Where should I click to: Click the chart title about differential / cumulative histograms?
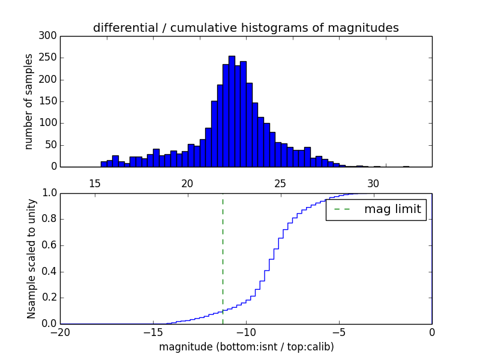click(245, 28)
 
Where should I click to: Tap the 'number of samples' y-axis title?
click(29, 101)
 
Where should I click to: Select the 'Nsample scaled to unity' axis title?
click(31, 259)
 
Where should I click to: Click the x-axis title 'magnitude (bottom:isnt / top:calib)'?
click(246, 347)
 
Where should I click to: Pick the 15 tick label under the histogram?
click(95, 184)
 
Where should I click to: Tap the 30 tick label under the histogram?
click(373, 184)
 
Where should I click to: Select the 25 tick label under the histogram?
click(280, 184)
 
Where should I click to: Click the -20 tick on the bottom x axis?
click(60, 332)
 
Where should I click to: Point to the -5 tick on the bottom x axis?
click(339, 332)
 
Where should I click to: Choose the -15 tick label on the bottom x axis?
click(153, 332)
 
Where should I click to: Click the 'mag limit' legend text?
click(392, 210)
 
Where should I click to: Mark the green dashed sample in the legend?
click(341, 210)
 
